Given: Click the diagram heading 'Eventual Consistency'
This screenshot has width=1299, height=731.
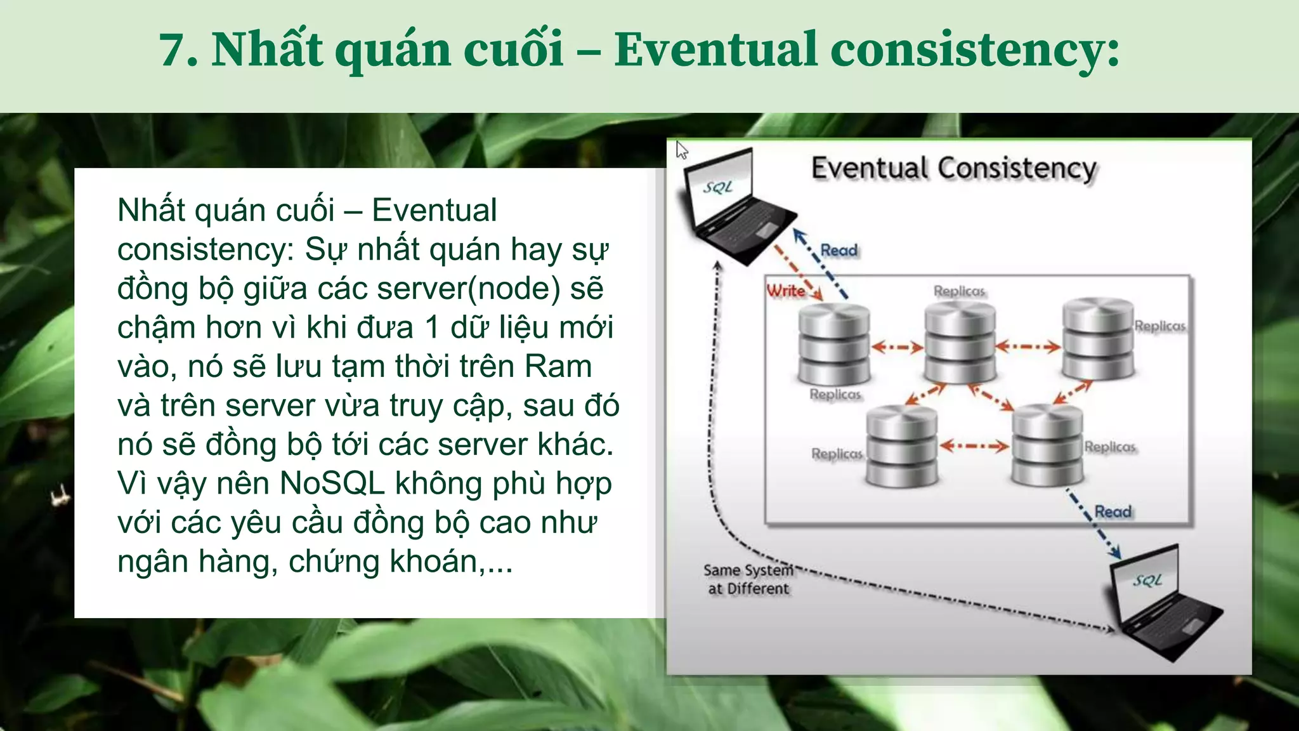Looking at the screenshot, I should (953, 169).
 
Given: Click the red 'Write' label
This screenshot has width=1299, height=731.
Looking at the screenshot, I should (785, 291).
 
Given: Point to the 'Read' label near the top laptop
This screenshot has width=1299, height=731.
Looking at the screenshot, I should (839, 251).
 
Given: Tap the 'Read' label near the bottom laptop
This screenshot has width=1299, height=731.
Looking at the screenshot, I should (1113, 512).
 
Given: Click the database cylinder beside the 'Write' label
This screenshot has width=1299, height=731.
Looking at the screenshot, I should (833, 344).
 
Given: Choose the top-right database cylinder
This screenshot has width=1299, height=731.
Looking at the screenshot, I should (1098, 339).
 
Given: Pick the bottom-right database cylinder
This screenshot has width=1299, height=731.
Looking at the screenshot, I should (1047, 445).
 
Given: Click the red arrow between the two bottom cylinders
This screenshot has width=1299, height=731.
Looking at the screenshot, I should (974, 446).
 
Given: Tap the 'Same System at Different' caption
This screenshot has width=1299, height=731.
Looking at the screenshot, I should (748, 579).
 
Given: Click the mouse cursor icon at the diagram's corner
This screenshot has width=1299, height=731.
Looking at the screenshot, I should (681, 150).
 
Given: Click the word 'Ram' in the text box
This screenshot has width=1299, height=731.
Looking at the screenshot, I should (558, 367).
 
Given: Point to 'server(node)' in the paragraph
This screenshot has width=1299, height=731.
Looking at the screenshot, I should (469, 289).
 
